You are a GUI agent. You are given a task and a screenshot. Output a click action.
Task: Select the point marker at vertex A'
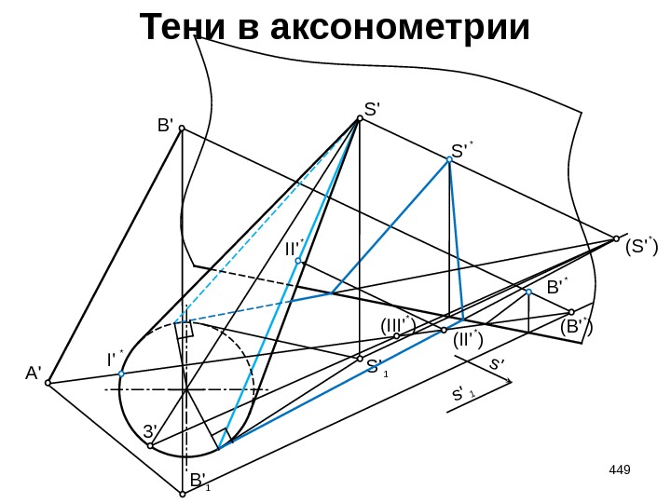click(48, 382)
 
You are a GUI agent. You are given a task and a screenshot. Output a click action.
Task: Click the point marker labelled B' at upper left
click(182, 129)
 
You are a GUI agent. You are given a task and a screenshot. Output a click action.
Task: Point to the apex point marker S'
click(359, 118)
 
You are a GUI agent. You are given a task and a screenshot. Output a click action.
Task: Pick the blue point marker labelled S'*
click(449, 160)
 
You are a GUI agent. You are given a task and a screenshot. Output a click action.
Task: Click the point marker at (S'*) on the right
click(617, 238)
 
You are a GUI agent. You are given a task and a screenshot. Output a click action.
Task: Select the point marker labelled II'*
click(299, 262)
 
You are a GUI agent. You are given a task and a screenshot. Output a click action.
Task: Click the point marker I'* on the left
click(122, 374)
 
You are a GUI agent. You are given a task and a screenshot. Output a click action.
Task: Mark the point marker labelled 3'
click(151, 446)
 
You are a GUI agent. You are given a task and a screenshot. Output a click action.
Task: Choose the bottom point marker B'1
click(183, 495)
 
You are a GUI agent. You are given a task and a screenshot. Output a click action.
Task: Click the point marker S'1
click(359, 357)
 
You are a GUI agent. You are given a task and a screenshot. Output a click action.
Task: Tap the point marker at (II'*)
click(445, 331)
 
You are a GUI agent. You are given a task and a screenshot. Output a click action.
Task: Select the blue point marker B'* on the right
click(528, 292)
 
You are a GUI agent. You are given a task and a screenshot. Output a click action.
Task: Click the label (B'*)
click(577, 327)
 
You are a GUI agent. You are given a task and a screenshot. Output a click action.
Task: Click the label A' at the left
click(34, 374)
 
